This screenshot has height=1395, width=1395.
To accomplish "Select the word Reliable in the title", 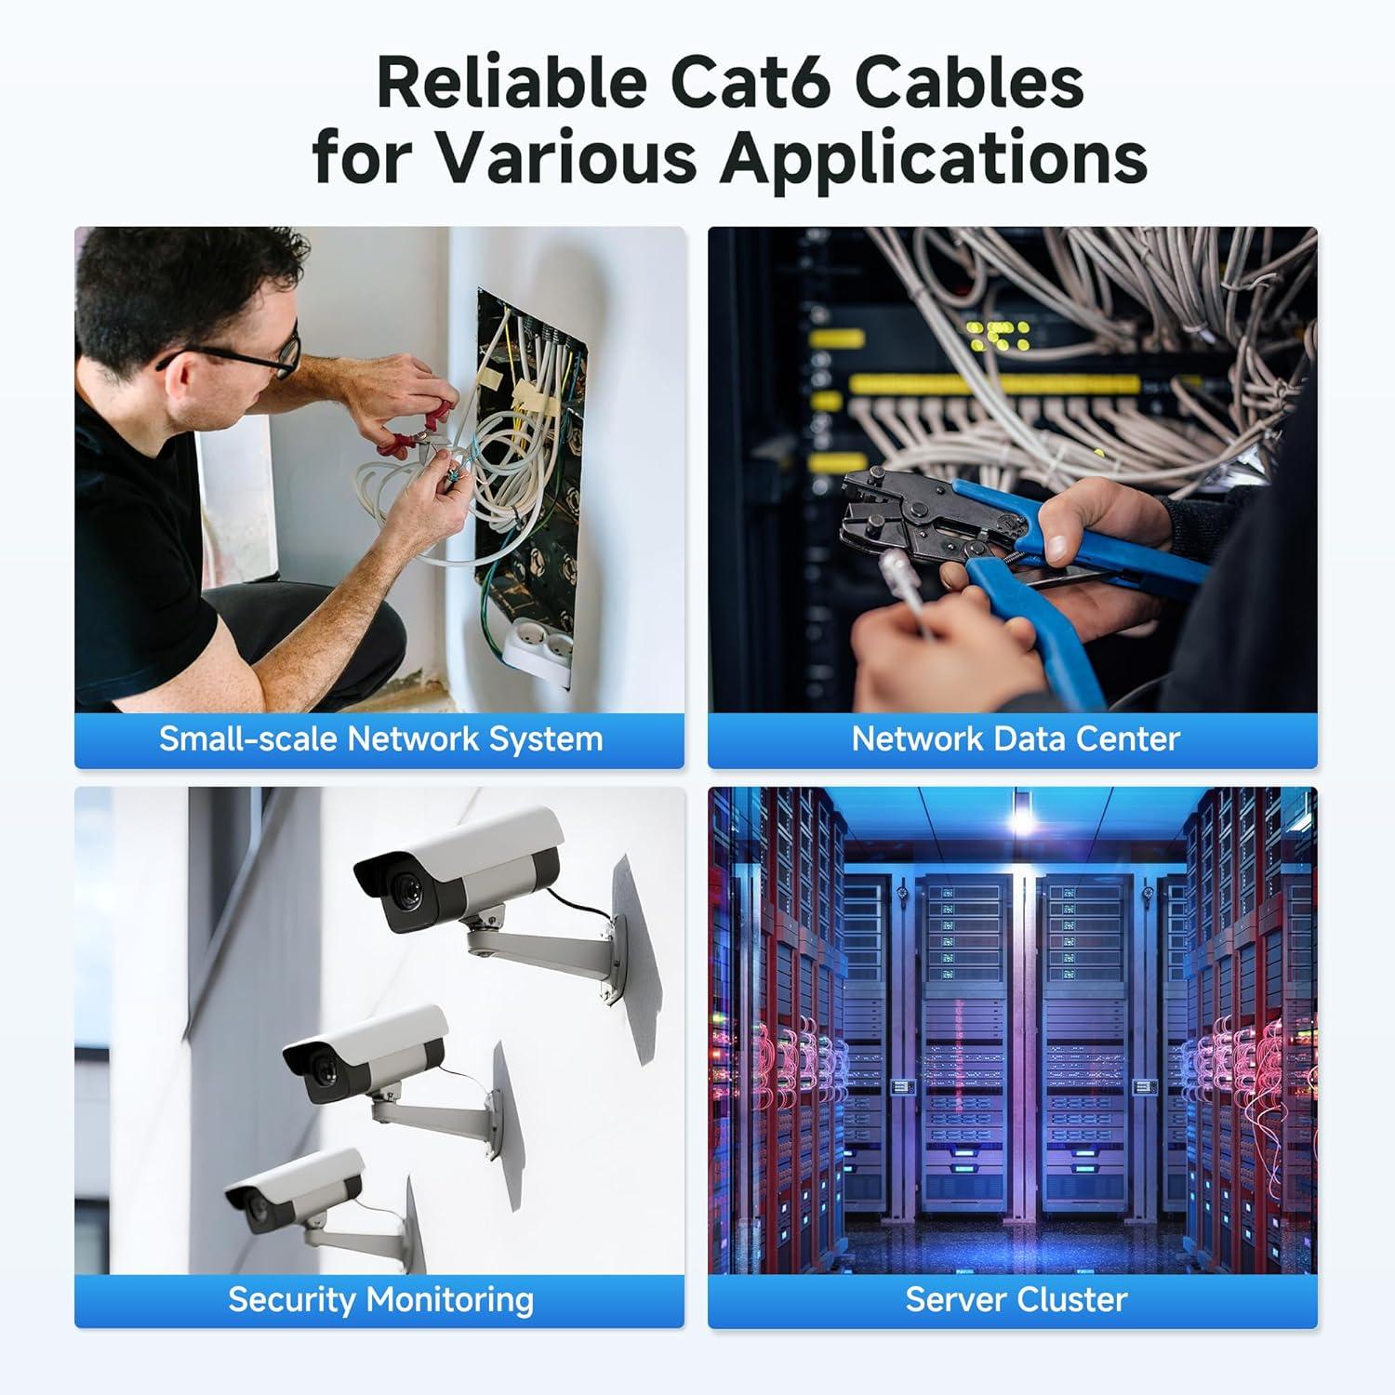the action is [x=511, y=83].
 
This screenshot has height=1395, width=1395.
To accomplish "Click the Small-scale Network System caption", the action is [x=380, y=739].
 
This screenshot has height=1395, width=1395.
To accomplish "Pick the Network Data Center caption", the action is [x=1016, y=739].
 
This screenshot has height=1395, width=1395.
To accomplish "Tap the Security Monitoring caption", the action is [x=380, y=1299].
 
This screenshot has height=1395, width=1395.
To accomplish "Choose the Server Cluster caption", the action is [x=1016, y=1299].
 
